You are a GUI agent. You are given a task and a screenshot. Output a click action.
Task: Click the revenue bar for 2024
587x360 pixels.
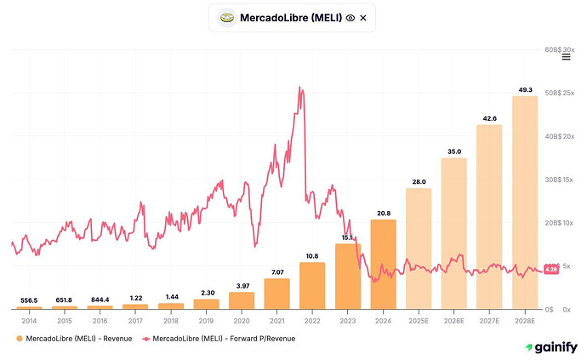click(384, 265)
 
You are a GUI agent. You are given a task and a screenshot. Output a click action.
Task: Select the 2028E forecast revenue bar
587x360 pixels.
click(525, 203)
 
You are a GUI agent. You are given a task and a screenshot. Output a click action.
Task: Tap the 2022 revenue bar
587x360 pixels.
click(312, 286)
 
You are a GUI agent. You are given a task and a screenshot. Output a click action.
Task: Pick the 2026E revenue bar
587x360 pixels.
click(453, 234)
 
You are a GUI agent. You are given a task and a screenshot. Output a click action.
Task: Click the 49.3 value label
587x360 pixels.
click(525, 90)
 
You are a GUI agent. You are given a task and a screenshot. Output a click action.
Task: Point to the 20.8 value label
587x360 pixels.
click(384, 213)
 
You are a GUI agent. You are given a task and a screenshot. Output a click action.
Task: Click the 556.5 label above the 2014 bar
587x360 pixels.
click(29, 300)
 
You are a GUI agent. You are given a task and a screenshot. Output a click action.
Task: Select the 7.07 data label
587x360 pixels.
click(277, 272)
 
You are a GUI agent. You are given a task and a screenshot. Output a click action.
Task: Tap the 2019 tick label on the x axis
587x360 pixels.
click(206, 321)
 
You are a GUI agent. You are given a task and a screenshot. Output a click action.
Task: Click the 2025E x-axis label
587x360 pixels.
click(419, 321)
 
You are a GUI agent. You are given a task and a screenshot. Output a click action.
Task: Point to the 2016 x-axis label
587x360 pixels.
click(100, 321)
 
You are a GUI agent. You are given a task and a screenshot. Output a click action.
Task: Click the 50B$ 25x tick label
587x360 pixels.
click(559, 93)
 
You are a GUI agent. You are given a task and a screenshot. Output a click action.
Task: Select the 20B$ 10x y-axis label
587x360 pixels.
click(559, 223)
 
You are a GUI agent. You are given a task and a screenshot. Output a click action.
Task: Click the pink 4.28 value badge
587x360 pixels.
click(551, 269)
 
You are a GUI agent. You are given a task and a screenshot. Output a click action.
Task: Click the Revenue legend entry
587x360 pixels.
click(74, 339)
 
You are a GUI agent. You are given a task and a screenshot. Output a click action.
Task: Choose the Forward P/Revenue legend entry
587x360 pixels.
click(219, 339)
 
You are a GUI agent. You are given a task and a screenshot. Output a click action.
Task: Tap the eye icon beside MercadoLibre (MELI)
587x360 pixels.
click(350, 18)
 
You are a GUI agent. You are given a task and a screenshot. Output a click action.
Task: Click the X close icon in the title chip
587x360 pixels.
click(363, 18)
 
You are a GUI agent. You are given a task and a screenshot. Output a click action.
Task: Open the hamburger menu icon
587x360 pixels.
click(566, 57)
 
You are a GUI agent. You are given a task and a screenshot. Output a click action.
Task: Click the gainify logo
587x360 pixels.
click(551, 347)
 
